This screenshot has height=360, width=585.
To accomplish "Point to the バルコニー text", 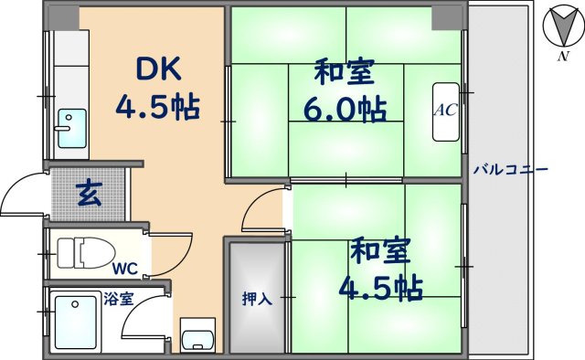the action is click(x=510, y=170).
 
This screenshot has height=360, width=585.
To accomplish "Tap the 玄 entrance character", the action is click(x=89, y=194).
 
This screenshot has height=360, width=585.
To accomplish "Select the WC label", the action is click(x=126, y=270).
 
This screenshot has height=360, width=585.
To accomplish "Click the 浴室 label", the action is click(x=119, y=297).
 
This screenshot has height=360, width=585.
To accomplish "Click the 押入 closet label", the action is click(x=257, y=298).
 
